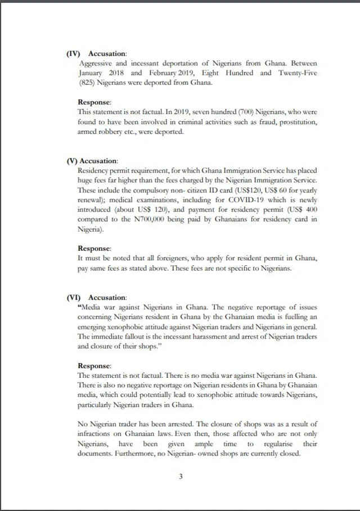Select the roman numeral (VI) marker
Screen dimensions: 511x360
74,297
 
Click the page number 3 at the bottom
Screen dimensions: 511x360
181,477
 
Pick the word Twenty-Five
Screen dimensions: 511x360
297,73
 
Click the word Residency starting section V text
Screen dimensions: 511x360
94,170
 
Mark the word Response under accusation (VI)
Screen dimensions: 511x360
94,365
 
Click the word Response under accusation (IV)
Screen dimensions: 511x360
94,102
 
